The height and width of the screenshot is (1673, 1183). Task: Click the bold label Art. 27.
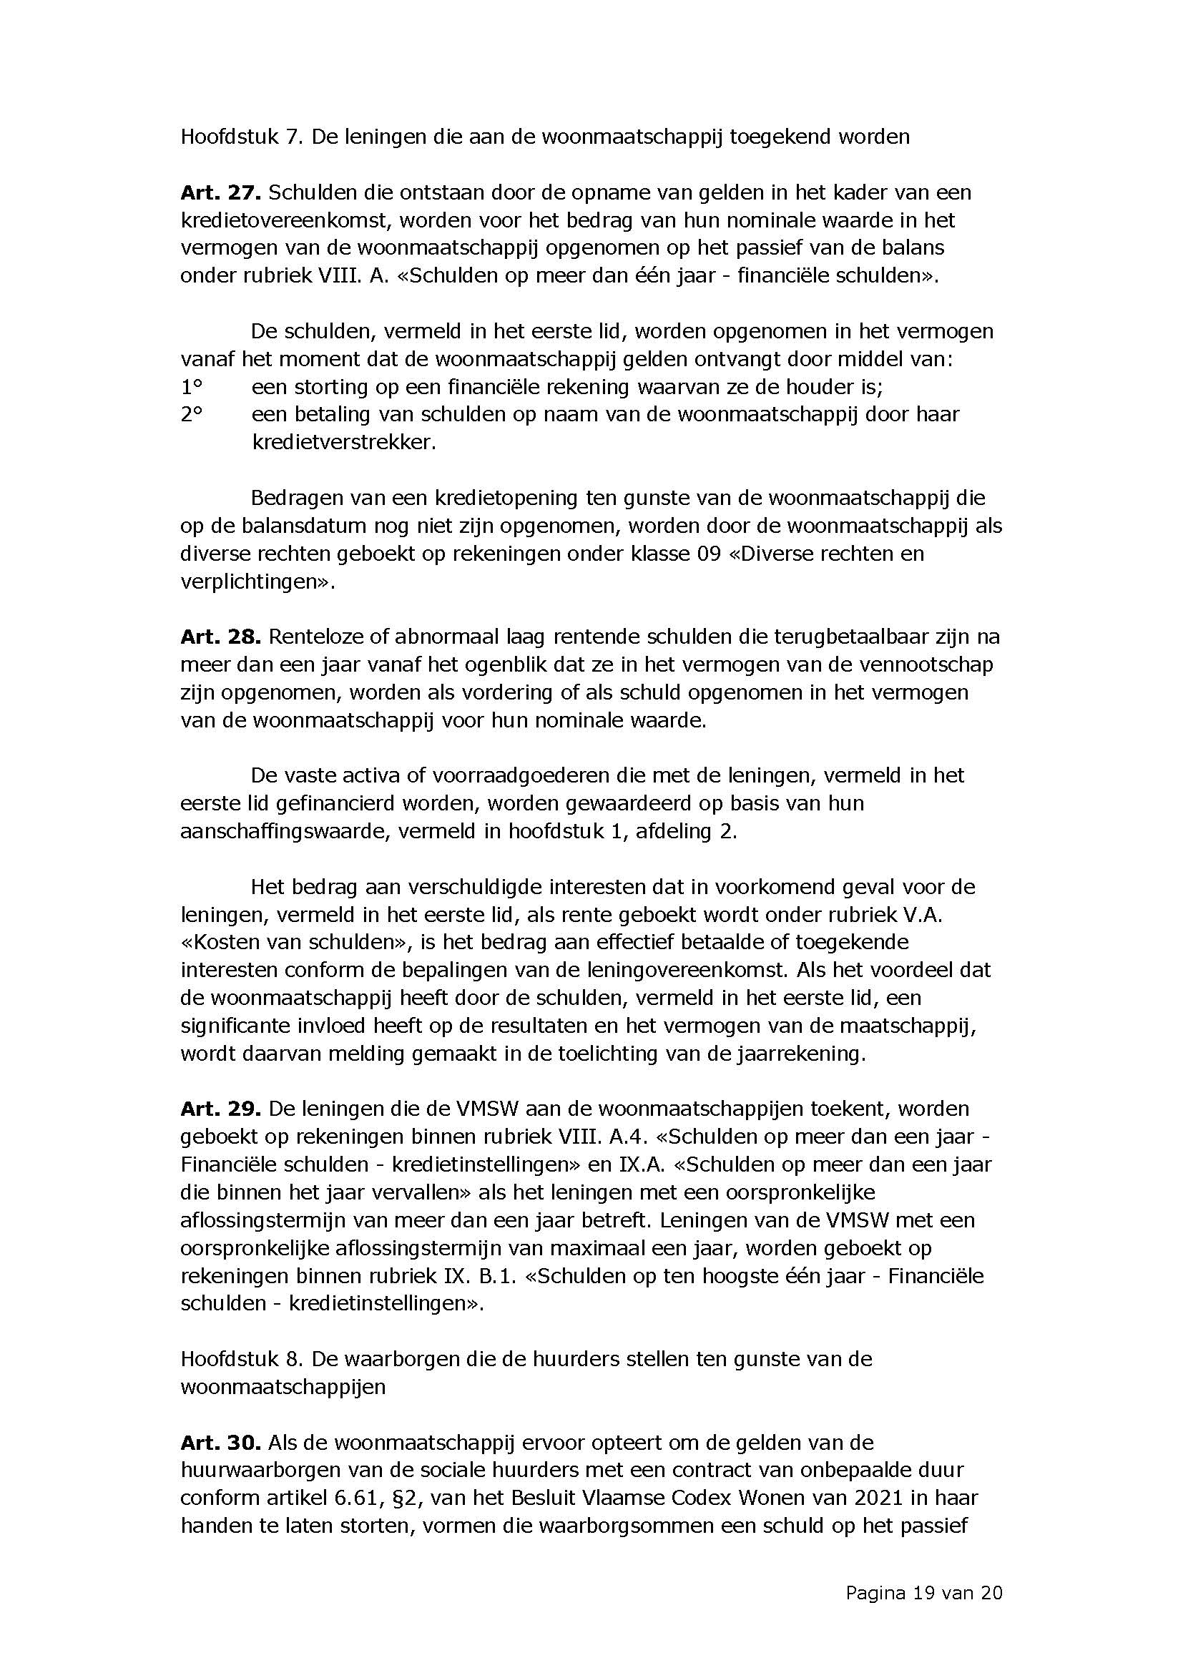220,193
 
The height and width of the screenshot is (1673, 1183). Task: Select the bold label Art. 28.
220,637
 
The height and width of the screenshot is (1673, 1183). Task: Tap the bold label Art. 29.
220,1109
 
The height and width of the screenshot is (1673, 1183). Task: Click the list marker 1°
191,386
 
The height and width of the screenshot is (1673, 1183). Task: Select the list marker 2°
191,415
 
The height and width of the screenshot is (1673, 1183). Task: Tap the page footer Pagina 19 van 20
923,1593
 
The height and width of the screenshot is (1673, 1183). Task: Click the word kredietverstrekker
343,442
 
